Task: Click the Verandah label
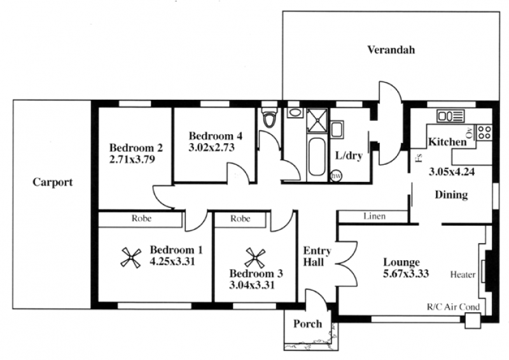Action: click(391, 50)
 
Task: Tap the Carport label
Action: click(53, 182)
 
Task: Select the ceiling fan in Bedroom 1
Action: click(131, 258)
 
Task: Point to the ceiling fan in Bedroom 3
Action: click(255, 258)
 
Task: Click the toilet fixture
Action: click(269, 118)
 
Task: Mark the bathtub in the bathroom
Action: click(316, 158)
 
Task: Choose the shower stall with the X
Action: click(317, 120)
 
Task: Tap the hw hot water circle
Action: click(337, 176)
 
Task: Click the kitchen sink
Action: click(450, 116)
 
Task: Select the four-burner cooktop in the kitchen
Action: click(484, 132)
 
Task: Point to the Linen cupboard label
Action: click(374, 216)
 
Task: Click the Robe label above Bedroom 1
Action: click(141, 218)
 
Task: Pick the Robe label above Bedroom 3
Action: click(241, 218)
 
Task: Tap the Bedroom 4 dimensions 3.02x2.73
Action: click(212, 148)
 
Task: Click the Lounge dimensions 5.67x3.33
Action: click(406, 273)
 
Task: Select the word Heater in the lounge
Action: click(463, 275)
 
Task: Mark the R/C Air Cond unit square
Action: click(472, 321)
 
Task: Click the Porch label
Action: click(307, 324)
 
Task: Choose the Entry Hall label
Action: click(317, 256)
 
